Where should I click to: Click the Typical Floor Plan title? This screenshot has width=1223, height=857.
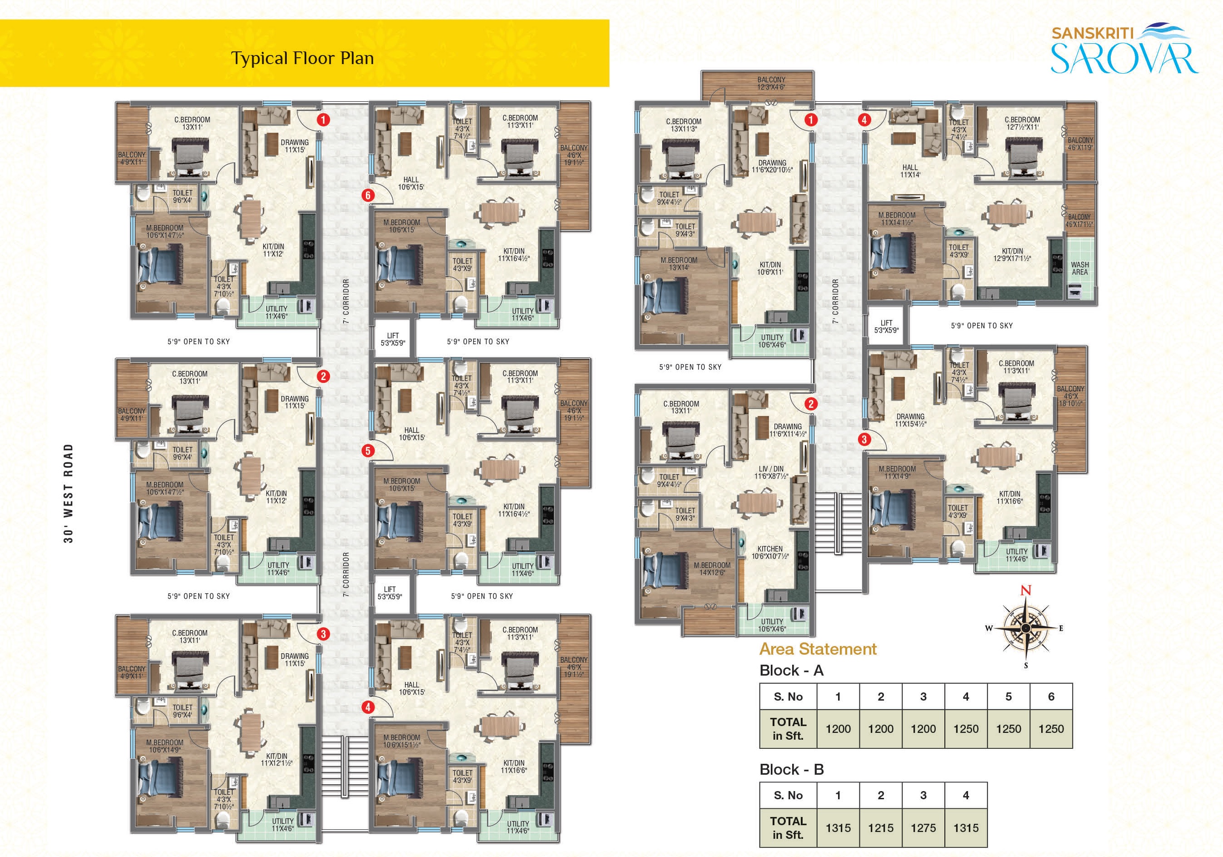pyautogui.click(x=302, y=58)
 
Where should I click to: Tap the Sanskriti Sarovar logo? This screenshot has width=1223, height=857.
pyautogui.click(x=1124, y=49)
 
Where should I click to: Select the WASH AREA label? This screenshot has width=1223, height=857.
pyautogui.click(x=1080, y=268)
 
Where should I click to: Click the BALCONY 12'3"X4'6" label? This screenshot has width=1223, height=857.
pyautogui.click(x=771, y=83)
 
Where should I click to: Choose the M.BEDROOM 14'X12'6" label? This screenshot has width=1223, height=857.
pyautogui.click(x=712, y=569)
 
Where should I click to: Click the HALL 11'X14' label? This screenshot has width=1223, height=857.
pyautogui.click(x=910, y=171)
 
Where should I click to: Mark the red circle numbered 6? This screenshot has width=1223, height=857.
pyautogui.click(x=368, y=195)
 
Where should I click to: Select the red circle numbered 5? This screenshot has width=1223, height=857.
pyautogui.click(x=368, y=451)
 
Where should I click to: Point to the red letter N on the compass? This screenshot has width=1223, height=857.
pyautogui.click(x=1025, y=590)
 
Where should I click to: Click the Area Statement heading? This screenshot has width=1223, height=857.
pyautogui.click(x=818, y=649)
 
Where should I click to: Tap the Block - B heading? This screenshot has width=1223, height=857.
pyautogui.click(x=792, y=770)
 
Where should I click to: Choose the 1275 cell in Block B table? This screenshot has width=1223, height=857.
pyautogui.click(x=923, y=828)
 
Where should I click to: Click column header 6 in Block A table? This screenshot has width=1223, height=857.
pyautogui.click(x=1051, y=697)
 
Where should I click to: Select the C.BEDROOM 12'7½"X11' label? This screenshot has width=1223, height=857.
pyautogui.click(x=1022, y=124)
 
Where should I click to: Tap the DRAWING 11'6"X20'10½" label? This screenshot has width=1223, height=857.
pyautogui.click(x=772, y=166)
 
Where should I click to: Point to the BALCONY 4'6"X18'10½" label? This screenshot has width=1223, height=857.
pyautogui.click(x=1070, y=396)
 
